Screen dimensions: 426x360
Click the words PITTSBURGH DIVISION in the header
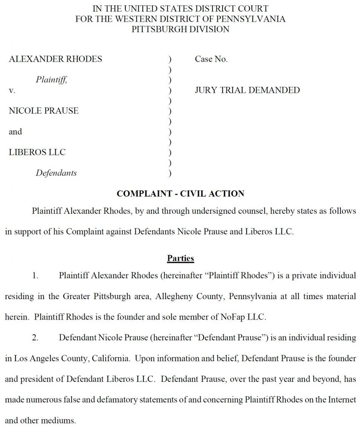point(180,29)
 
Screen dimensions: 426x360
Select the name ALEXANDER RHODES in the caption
point(55,59)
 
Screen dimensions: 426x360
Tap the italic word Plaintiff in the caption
point(51,79)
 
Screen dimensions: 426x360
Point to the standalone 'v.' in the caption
point(12,90)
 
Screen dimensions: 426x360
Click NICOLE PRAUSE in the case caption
point(44,111)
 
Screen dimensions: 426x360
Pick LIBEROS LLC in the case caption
point(37,152)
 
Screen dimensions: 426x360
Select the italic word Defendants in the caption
point(56,173)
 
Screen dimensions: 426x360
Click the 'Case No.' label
point(211,59)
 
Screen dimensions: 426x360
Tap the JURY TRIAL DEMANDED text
point(247,90)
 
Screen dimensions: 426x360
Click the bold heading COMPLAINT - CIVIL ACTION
point(180,194)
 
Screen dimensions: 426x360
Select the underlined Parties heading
point(180,258)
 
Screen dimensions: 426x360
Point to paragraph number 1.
point(35,275)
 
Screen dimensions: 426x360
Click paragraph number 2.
point(35,337)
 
